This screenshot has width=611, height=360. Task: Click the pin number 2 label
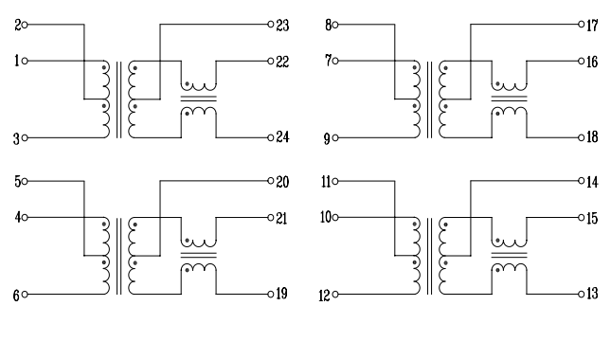coord(17,26)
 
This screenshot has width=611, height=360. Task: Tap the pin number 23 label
coord(282,26)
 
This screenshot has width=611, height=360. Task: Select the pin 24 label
coord(282,138)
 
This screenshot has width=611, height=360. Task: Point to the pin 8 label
coord(328,26)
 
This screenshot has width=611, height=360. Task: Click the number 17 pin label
coord(592,26)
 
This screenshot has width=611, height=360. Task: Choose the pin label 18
coord(592,138)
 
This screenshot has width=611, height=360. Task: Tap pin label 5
coord(17,181)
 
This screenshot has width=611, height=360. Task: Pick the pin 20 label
coord(282,181)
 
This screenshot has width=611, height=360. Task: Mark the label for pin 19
coord(282,294)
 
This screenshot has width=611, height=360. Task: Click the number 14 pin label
coord(592,181)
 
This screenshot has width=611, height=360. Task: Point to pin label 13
coord(592,294)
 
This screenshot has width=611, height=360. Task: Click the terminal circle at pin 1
coord(26,62)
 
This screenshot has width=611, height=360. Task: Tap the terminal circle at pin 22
coord(271,62)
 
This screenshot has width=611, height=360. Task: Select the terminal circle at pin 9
coord(337,138)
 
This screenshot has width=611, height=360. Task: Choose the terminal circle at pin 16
coord(581,62)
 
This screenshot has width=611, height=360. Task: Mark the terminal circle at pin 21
coord(271,217)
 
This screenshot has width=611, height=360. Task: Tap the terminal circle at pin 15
coord(581,217)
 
